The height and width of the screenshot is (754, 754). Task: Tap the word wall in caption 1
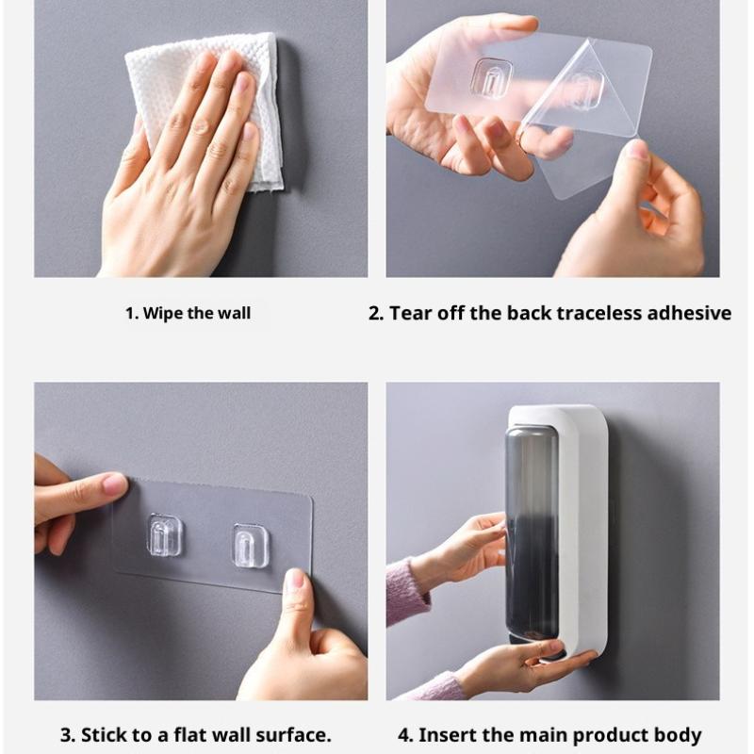pos(234,313)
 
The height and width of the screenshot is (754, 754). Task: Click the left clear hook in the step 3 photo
pos(163,534)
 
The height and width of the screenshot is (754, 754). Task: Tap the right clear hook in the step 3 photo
pos(250,545)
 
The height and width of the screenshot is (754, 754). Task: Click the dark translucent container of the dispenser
pos(533,533)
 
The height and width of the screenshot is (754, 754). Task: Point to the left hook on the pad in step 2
pos(492,78)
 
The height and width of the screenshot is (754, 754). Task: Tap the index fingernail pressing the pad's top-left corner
pos(114,483)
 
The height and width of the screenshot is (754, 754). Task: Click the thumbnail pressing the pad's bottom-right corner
pos(295,582)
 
